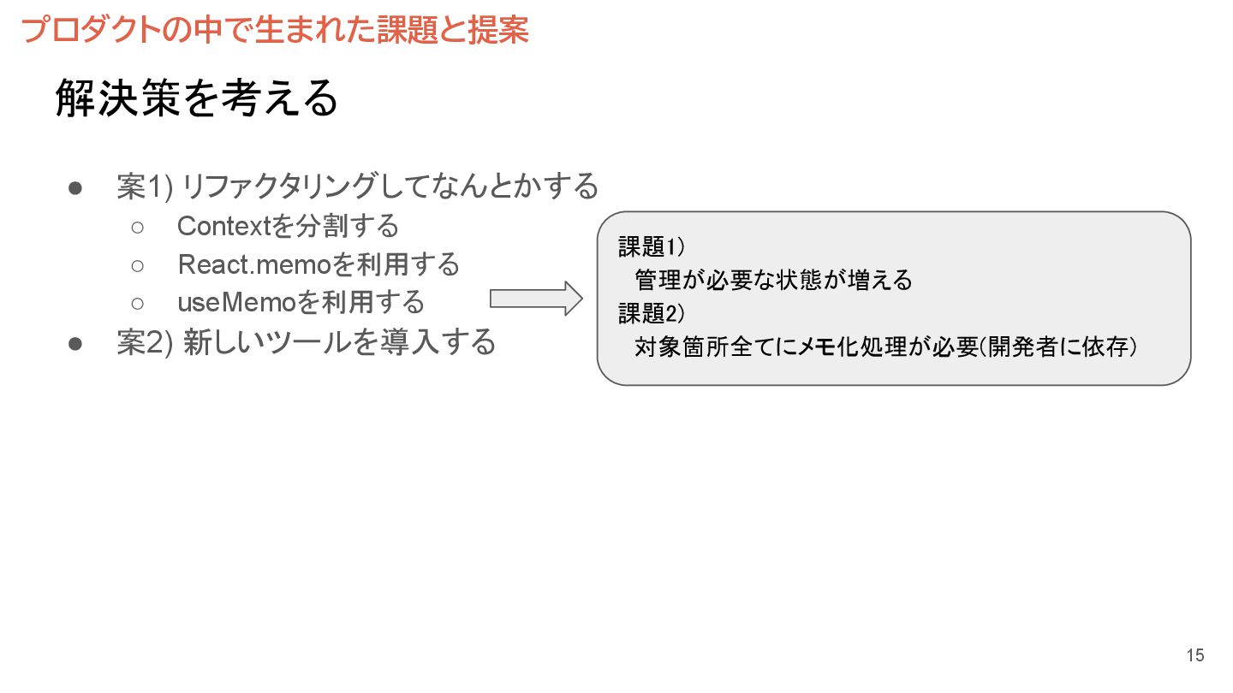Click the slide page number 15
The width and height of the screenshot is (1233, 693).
coord(1194,655)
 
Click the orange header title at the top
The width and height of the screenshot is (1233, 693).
coord(275,30)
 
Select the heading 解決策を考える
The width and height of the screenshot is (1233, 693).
coord(197,100)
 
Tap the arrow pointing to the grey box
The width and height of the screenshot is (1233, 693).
coord(536,299)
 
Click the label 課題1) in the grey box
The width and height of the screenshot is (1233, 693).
coord(651,247)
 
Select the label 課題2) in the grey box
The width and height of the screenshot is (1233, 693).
coord(651,314)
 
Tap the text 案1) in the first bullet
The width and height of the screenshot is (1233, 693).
coord(146,186)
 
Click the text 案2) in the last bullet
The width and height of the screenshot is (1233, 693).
coord(146,342)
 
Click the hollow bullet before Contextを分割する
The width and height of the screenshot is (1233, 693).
coord(137,228)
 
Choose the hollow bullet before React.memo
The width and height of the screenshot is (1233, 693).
coord(137,265)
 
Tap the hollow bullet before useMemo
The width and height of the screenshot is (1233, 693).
coord(137,303)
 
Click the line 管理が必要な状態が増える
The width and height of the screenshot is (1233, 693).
coord(773,280)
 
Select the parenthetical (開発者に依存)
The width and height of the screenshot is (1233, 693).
coord(1057,347)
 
